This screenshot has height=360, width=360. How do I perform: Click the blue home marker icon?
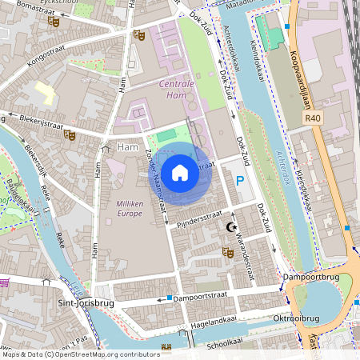pyautogui.click(x=180, y=172)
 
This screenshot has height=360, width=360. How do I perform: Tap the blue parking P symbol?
pyautogui.click(x=239, y=182)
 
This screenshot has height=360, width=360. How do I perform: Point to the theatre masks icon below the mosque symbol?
pyautogui.click(x=227, y=253)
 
